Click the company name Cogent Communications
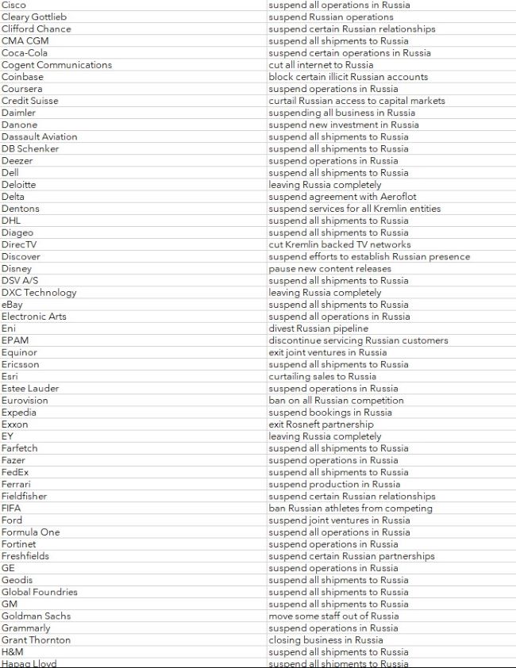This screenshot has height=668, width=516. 56,65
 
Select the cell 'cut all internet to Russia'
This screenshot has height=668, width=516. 321,65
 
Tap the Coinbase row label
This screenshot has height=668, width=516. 22,77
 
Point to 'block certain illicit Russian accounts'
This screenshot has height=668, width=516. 348,77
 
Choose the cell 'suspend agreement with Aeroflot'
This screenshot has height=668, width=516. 342,197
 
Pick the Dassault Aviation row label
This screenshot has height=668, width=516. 40,136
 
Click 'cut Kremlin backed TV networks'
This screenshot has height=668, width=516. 340,244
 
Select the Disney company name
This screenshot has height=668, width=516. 17,268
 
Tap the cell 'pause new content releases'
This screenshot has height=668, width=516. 329,268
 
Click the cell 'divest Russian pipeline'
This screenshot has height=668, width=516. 318,328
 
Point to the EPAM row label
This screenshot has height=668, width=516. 15,340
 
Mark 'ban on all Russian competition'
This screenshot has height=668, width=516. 336,401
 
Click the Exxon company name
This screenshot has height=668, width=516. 15,424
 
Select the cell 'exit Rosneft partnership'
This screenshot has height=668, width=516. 321,424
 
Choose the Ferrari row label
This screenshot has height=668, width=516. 17,484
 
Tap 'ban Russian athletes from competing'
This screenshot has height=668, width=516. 350,508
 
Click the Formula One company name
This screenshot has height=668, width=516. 31,532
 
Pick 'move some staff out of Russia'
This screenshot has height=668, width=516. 333,616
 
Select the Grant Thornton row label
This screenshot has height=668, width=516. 36,639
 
